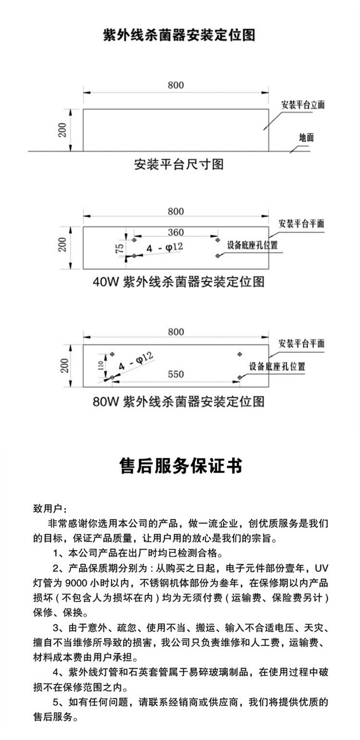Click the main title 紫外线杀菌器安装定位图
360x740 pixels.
[x=180, y=36]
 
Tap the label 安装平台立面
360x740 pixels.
[x=303, y=105]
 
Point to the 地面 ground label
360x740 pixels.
[x=306, y=137]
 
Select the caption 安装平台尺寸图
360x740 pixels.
[x=179, y=165]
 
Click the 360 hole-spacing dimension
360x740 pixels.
[x=176, y=232]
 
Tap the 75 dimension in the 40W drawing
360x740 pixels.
[x=120, y=248]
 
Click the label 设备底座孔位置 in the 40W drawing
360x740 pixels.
[x=252, y=245]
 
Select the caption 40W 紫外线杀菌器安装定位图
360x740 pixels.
[x=179, y=282]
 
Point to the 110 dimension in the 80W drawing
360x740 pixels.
[x=101, y=366]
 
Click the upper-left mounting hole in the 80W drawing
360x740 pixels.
[x=112, y=354]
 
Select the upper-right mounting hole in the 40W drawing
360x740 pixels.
[x=217, y=239]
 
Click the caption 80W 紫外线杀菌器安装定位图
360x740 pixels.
[x=179, y=401]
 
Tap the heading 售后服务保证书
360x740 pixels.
[x=180, y=465]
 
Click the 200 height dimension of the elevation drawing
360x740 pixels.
[x=62, y=130]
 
